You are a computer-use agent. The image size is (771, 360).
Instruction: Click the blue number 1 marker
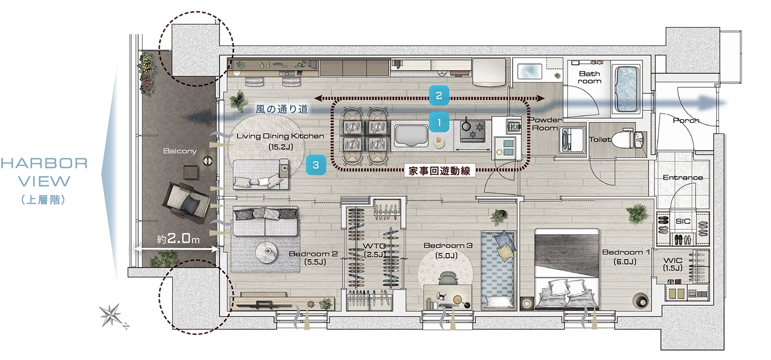(x=439, y=122)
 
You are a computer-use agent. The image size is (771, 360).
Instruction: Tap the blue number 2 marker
(x=439, y=95)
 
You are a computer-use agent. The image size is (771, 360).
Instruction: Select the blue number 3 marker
(x=316, y=165)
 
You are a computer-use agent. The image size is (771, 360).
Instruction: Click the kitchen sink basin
(x=412, y=135)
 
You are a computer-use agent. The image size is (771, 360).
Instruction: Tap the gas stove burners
(x=473, y=131)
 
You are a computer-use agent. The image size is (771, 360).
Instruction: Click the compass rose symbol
(x=112, y=315)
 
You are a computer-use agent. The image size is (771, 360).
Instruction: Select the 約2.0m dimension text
(x=178, y=238)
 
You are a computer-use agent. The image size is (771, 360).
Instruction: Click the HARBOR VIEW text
(x=44, y=172)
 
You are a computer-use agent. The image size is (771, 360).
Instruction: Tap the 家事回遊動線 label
(x=440, y=171)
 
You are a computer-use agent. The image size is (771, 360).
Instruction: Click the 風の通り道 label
(x=281, y=109)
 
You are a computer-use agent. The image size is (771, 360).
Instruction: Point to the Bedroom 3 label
(x=448, y=246)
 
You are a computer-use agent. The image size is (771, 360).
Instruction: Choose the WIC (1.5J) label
(x=672, y=264)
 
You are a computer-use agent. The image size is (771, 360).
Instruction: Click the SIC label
(x=683, y=221)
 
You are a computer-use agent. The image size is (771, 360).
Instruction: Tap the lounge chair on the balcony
(x=186, y=203)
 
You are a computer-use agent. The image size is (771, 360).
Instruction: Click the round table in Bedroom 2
(x=267, y=252)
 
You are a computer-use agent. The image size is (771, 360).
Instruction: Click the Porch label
(x=686, y=121)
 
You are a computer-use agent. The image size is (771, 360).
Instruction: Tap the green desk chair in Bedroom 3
(x=447, y=278)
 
